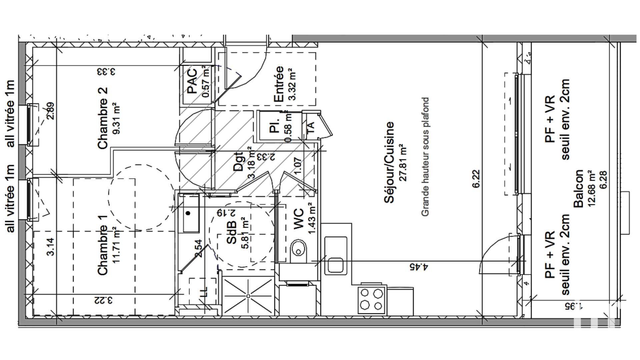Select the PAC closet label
193,81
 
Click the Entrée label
278,84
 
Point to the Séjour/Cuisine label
389,162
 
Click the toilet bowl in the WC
299,249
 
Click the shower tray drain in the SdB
248,296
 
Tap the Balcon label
579,189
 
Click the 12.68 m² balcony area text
591,189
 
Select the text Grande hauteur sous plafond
425,157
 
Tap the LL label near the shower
203,292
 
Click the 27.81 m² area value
404,162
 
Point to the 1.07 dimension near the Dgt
298,166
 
